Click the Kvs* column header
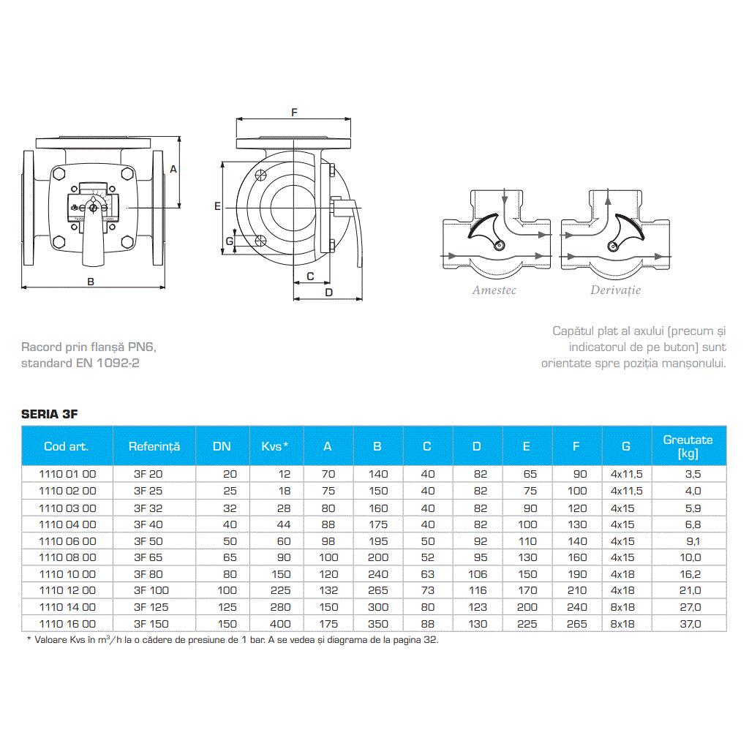click(x=275, y=446)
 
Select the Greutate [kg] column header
click(x=688, y=446)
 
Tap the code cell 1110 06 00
click(x=67, y=541)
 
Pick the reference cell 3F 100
click(x=151, y=590)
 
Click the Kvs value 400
click(x=280, y=624)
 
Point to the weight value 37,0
click(x=690, y=624)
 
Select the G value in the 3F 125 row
click(x=622, y=607)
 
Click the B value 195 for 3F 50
click(x=378, y=541)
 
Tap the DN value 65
click(x=230, y=557)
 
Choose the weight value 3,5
click(x=693, y=474)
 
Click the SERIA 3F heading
click(x=49, y=414)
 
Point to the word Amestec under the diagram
click(x=494, y=290)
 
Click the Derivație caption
click(x=615, y=290)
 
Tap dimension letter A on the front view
click(x=173, y=169)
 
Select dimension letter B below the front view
click(x=91, y=282)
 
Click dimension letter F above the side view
click(x=294, y=112)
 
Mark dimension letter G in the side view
click(x=230, y=241)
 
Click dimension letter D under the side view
click(x=328, y=293)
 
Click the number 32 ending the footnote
click(x=429, y=639)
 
